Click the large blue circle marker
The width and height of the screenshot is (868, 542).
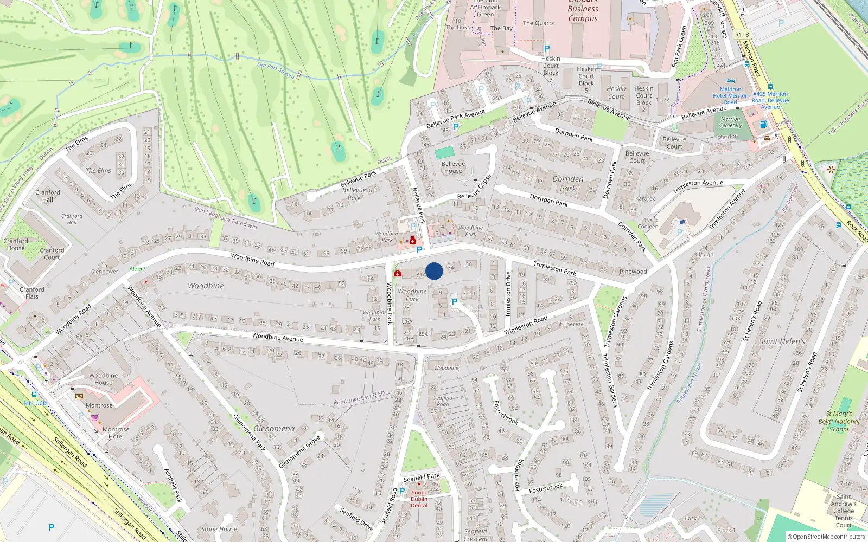pos(434,271)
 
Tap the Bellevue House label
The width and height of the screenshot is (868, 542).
pos(453,167)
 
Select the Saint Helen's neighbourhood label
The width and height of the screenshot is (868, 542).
pos(782,341)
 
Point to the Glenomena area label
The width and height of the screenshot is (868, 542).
pos(274,429)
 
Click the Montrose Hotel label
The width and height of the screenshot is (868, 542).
pos(116,433)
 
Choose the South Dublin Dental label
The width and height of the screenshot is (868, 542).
pos(419,499)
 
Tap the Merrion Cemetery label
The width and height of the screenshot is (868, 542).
pos(730,122)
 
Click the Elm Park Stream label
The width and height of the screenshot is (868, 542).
pos(276,70)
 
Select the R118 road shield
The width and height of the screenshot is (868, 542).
pos(742,35)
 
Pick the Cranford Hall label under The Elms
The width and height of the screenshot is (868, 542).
pos(48,196)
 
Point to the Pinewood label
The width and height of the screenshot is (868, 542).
pos(633,272)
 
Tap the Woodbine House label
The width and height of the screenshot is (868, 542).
pos(103,379)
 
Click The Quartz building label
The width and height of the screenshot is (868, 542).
pos(538,23)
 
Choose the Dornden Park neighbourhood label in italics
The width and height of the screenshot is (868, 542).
pos(568,184)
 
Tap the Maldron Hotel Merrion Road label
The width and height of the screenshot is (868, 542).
pos(730,95)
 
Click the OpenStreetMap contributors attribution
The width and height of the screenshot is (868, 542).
pos(826,537)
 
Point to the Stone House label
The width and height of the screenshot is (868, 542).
pos(219,529)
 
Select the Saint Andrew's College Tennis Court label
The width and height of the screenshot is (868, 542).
pos(844,511)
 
